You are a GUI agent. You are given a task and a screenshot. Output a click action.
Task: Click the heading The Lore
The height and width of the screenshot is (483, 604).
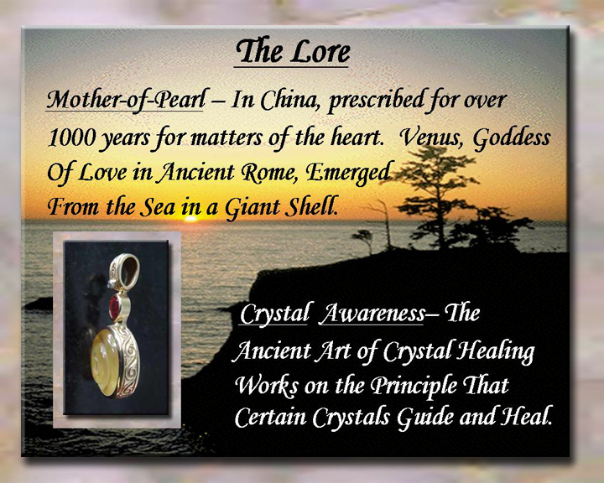click(x=292, y=51)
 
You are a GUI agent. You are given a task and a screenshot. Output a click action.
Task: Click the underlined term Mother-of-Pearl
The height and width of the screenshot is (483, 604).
click(x=126, y=100)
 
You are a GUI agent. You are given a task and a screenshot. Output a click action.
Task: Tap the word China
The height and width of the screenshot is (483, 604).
click(x=292, y=100)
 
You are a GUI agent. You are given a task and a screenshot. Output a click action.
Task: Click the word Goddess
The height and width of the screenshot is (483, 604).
click(x=512, y=138)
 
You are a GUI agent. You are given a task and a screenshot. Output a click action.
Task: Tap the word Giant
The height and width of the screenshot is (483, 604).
click(x=253, y=208)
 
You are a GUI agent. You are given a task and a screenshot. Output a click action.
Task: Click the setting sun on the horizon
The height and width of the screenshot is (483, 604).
click(x=190, y=219)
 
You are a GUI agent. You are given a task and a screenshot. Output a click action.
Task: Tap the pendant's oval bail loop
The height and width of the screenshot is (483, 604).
click(x=124, y=270)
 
